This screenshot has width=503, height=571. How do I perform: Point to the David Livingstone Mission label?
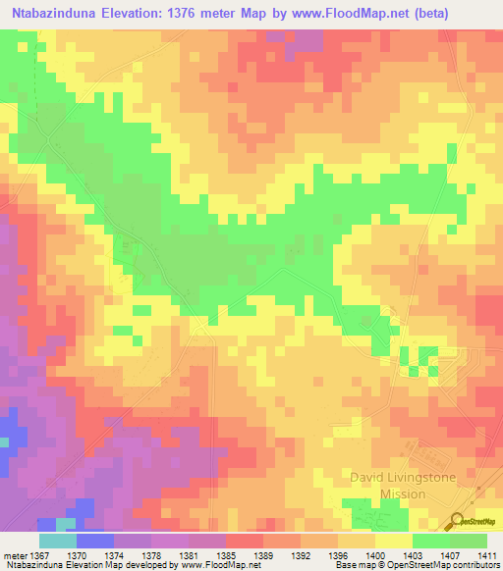click(390, 486)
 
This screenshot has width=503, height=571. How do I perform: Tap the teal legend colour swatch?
click(56, 541)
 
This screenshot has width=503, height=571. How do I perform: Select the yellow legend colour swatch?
click(392, 541)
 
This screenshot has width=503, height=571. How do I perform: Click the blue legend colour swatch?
click(93, 541)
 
